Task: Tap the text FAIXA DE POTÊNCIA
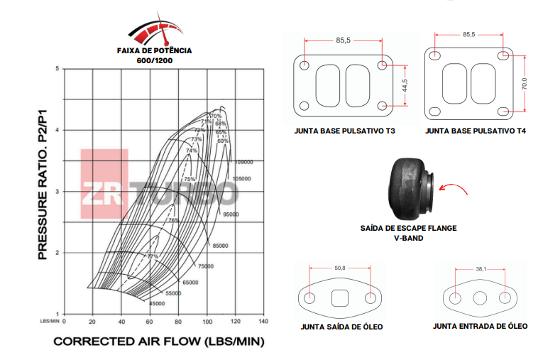[x=154, y=51]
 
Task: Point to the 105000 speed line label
[x=242, y=179]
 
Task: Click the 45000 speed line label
[x=156, y=303]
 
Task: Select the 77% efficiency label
[x=153, y=256]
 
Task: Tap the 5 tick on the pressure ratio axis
[x=57, y=69]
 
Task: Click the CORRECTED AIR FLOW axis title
[x=159, y=342]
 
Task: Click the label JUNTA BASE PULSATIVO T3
[x=344, y=131]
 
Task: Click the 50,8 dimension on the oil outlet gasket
[x=339, y=268]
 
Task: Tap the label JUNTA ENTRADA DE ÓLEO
[x=480, y=326]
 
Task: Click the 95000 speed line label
[x=231, y=214]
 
